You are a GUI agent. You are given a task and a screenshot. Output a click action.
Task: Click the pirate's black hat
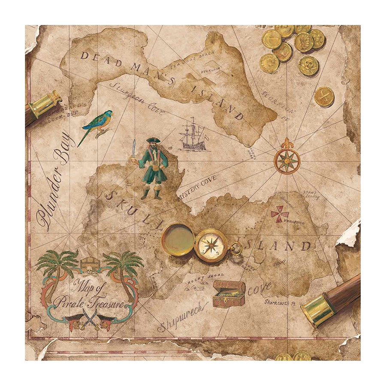152,140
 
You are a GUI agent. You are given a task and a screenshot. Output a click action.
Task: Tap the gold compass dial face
211,246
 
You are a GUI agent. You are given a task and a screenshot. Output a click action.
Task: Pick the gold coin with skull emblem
309,65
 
